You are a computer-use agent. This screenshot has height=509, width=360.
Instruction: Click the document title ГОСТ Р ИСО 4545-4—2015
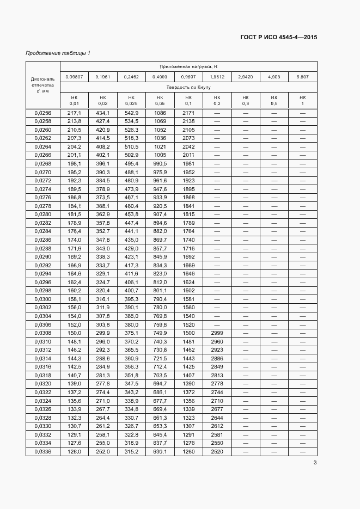[279, 38]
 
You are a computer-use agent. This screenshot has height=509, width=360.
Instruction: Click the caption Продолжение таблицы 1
[58, 53]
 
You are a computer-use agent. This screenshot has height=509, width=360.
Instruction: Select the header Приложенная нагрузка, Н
[188, 66]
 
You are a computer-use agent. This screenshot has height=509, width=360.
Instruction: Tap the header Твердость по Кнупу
[188, 87]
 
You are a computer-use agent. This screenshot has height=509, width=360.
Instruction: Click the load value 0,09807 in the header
[74, 77]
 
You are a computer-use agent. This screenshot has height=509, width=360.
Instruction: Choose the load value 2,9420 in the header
[245, 77]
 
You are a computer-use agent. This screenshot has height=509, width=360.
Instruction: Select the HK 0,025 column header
[131, 100]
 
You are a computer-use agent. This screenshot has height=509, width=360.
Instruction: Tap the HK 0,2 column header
[217, 100]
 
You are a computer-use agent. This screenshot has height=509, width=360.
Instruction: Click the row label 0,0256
[42, 113]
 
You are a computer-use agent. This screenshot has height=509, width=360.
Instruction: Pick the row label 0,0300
[42, 299]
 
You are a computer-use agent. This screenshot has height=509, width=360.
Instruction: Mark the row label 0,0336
[42, 451]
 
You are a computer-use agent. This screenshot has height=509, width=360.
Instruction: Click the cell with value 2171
[188, 113]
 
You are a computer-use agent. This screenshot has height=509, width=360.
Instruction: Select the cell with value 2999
[217, 333]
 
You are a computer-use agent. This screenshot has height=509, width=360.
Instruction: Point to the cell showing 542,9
[131, 113]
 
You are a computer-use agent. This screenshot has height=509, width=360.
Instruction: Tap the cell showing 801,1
[160, 291]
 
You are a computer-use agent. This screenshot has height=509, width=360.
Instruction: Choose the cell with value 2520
[217, 451]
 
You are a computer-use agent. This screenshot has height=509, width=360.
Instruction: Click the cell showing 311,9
[102, 308]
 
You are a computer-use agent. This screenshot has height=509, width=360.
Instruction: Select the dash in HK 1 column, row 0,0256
[303, 113]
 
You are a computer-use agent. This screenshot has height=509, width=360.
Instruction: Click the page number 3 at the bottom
[315, 463]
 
